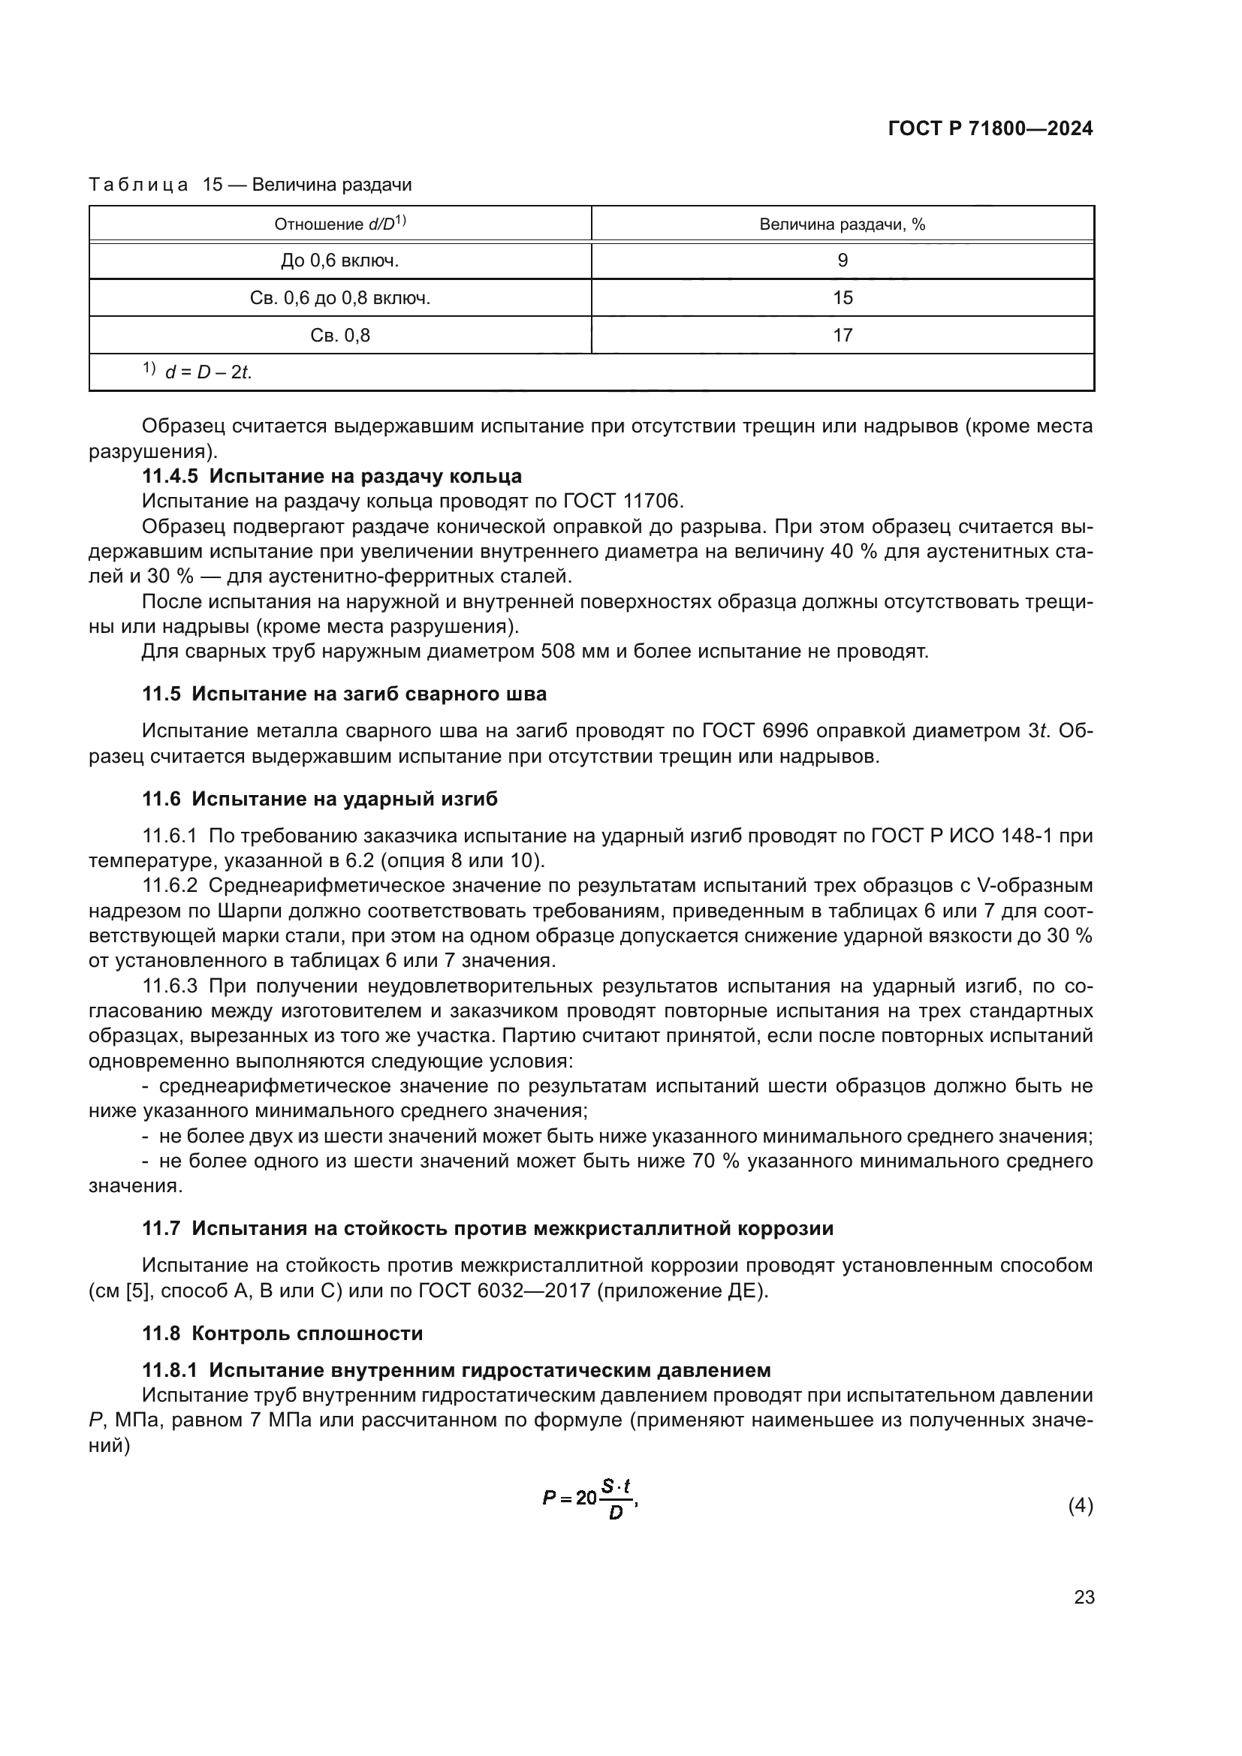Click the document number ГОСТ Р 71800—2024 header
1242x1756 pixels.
990,128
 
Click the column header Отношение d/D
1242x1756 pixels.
339,224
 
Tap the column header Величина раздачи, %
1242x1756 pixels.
842,224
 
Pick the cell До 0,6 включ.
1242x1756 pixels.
339,261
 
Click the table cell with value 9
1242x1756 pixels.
842,261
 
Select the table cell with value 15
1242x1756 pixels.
842,297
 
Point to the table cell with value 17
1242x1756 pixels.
842,335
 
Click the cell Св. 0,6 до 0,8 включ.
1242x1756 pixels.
339,297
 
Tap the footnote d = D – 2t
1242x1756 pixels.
206,372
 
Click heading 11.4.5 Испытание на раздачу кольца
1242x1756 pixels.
332,477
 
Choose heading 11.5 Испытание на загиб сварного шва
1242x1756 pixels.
344,694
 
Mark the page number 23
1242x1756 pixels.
1084,1598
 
